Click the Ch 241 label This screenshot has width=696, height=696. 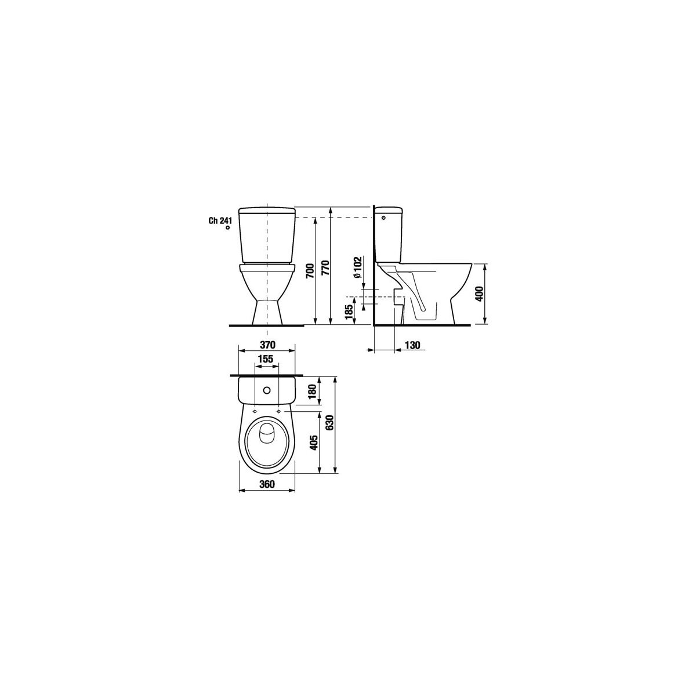[x=219, y=221]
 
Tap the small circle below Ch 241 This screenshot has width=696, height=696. [x=227, y=228]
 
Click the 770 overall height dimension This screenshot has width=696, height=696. [x=326, y=268]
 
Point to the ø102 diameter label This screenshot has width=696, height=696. [x=357, y=267]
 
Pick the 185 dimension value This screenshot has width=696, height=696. [x=349, y=312]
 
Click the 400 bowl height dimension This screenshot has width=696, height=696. [x=479, y=294]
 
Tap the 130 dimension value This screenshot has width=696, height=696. [x=412, y=345]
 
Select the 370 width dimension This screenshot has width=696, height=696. [x=267, y=345]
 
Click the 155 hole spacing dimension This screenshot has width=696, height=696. [x=266, y=359]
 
